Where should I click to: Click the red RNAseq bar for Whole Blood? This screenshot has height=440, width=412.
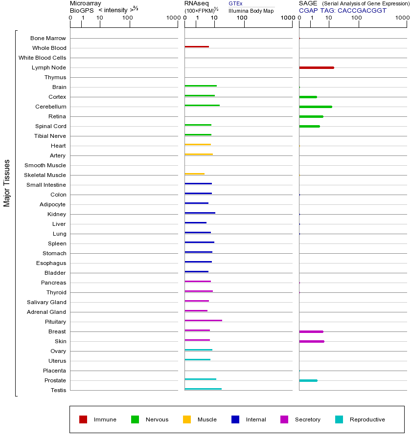pos(197,47)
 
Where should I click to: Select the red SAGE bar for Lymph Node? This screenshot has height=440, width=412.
pos(317,67)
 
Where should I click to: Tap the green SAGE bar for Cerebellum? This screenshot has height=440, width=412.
pos(316,107)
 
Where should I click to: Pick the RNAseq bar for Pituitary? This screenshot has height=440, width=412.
pos(203,321)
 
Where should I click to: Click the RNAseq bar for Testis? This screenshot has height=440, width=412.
pos(203,389)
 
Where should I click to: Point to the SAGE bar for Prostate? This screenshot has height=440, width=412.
pos(308,380)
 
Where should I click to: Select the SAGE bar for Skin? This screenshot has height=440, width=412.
pos(312,341)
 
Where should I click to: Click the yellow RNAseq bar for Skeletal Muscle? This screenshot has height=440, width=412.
pos(195,174)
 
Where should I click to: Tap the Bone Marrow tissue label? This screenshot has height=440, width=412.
pos(48,38)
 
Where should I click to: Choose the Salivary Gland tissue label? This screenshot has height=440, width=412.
pos(46,302)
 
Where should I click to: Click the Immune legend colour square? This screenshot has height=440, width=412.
pos(83,419)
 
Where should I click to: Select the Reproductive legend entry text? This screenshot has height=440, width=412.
pos(367,419)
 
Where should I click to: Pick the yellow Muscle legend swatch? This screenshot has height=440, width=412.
pos(187,419)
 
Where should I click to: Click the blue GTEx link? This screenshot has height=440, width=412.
pos(235,3)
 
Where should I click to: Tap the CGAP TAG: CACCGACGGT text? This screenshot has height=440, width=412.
pos(343,10)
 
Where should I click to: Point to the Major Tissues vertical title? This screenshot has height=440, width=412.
pos(7,183)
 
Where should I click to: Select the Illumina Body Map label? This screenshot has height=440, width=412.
pos(251,11)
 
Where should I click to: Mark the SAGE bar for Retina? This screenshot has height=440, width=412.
pos(311,116)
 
